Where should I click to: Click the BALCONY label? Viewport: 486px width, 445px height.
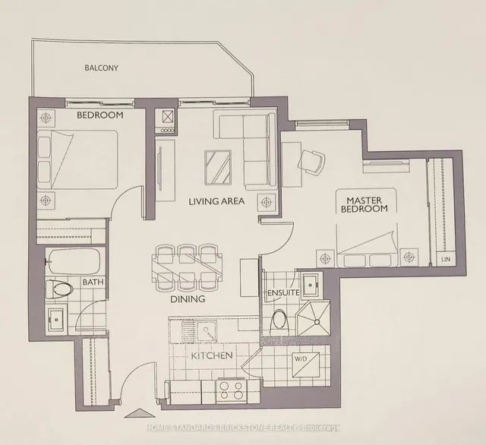coord(100,68)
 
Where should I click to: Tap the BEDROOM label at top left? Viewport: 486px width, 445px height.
coord(99,116)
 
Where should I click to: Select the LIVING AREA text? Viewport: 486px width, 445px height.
coord(216,201)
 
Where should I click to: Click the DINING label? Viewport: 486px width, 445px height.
coord(187,299)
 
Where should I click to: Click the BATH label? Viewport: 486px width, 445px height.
coord(93,282)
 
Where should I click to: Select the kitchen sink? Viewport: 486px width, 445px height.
coord(204,330)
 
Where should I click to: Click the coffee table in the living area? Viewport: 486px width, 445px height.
coord(218,167)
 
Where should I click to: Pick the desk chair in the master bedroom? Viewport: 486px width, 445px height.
coord(312,160)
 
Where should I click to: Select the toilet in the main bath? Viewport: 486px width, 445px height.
coord(59,290)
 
